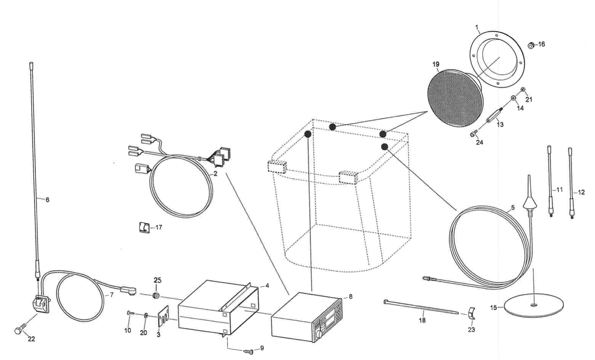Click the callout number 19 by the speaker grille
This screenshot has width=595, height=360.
click(x=436, y=64)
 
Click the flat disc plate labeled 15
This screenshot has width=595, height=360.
click(x=533, y=305)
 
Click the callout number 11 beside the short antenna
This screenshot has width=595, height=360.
click(x=560, y=189)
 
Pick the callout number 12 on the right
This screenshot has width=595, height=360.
click(x=581, y=192)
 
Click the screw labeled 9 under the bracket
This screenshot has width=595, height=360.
click(x=249, y=351)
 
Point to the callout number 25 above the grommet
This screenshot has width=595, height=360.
click(x=157, y=280)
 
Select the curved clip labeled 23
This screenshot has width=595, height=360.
click(x=472, y=314)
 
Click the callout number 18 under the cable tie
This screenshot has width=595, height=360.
click(x=422, y=320)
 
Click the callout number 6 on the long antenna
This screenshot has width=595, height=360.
click(x=47, y=200)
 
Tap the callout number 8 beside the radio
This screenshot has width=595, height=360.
click(x=350, y=296)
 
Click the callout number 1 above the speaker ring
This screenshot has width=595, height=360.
click(x=477, y=27)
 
